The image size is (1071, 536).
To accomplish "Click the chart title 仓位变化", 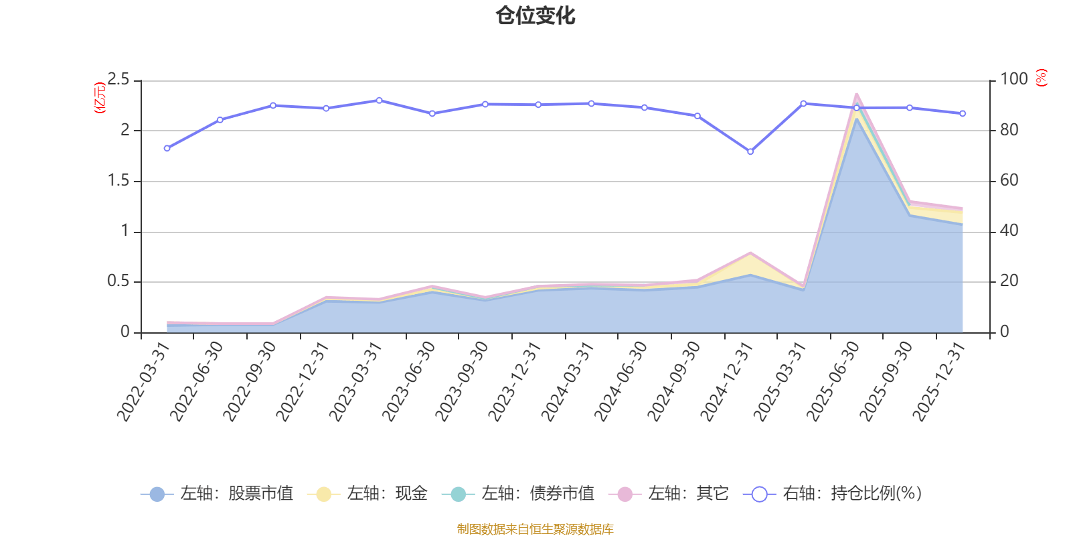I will pyautogui.click(x=535, y=15).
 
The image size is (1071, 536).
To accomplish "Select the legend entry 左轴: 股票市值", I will pyautogui.click(x=217, y=494).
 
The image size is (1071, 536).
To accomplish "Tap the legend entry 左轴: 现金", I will pyautogui.click(x=367, y=494).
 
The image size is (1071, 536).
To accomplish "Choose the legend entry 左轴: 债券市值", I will pyautogui.click(x=518, y=494).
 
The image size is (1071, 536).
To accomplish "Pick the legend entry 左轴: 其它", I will pyautogui.click(x=669, y=494).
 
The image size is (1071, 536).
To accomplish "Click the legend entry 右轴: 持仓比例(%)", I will pyautogui.click(x=833, y=494).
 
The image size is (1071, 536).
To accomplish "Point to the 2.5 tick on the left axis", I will pyautogui.click(x=118, y=80).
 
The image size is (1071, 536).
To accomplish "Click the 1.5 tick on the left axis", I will pyautogui.click(x=118, y=181).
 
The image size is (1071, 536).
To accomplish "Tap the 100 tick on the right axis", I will pyautogui.click(x=1013, y=80).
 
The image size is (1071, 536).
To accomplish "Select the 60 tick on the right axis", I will pyautogui.click(x=1009, y=181).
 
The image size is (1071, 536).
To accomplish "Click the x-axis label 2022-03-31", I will pyautogui.click(x=143, y=382).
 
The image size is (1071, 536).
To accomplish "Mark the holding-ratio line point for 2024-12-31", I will pyautogui.click(x=750, y=152).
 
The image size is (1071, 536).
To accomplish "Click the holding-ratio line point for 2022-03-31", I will pyautogui.click(x=167, y=148).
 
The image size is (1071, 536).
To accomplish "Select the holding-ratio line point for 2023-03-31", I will pyautogui.click(x=379, y=100).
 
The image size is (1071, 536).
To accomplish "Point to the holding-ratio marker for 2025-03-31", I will pyautogui.click(x=803, y=104).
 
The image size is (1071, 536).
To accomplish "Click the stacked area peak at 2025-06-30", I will pyautogui.click(x=856, y=94).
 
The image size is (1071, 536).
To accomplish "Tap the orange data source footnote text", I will pyautogui.click(x=535, y=529).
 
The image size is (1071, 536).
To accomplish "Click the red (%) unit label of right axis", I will pyautogui.click(x=1041, y=78).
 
